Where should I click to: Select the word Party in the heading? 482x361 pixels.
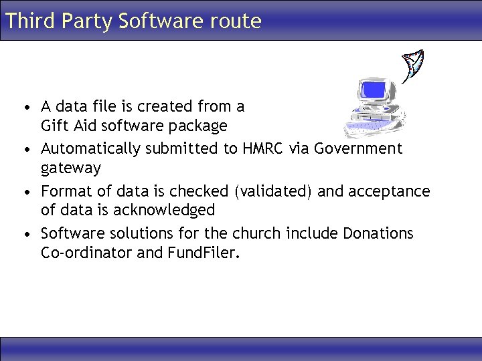87,21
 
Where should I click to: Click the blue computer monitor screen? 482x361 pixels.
372,90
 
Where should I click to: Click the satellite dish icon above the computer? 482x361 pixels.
413,64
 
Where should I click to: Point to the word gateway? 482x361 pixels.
70,168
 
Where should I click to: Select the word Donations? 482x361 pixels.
378,233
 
